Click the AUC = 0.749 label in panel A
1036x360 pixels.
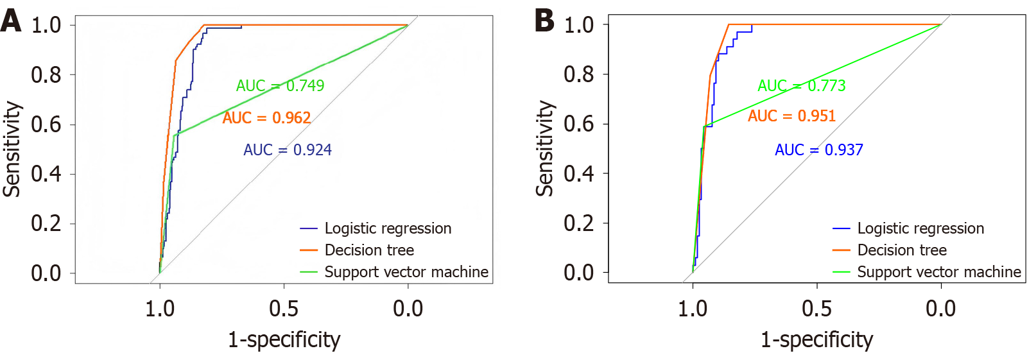click(280, 85)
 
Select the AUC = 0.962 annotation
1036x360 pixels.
click(266, 117)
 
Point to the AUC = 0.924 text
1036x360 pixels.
click(288, 150)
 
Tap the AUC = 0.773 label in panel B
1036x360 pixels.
click(802, 85)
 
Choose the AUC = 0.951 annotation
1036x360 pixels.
click(791, 116)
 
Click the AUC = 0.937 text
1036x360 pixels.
click(819, 150)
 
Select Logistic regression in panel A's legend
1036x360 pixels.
click(388, 228)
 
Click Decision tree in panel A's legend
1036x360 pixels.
click(369, 250)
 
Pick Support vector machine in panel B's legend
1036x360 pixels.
click(939, 272)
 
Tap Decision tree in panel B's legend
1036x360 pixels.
click(902, 250)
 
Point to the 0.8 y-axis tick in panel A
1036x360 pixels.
click(46, 74)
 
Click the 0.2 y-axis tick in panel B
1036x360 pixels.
click(579, 223)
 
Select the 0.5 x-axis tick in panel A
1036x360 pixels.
click(284, 309)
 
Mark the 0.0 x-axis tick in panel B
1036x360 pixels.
click(940, 309)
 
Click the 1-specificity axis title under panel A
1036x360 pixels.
click(284, 339)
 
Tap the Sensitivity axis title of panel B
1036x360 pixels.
click(544, 148)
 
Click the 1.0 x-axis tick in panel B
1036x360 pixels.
click(693, 309)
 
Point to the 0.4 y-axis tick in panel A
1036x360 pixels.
click(46, 174)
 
